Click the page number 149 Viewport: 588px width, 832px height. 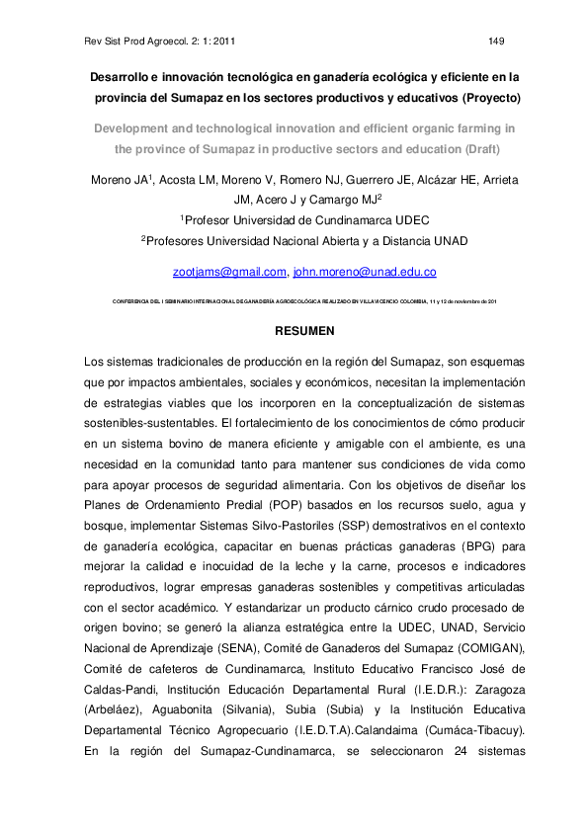497,41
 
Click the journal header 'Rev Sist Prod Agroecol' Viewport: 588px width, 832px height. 133,41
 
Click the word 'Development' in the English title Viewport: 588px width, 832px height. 137,128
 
